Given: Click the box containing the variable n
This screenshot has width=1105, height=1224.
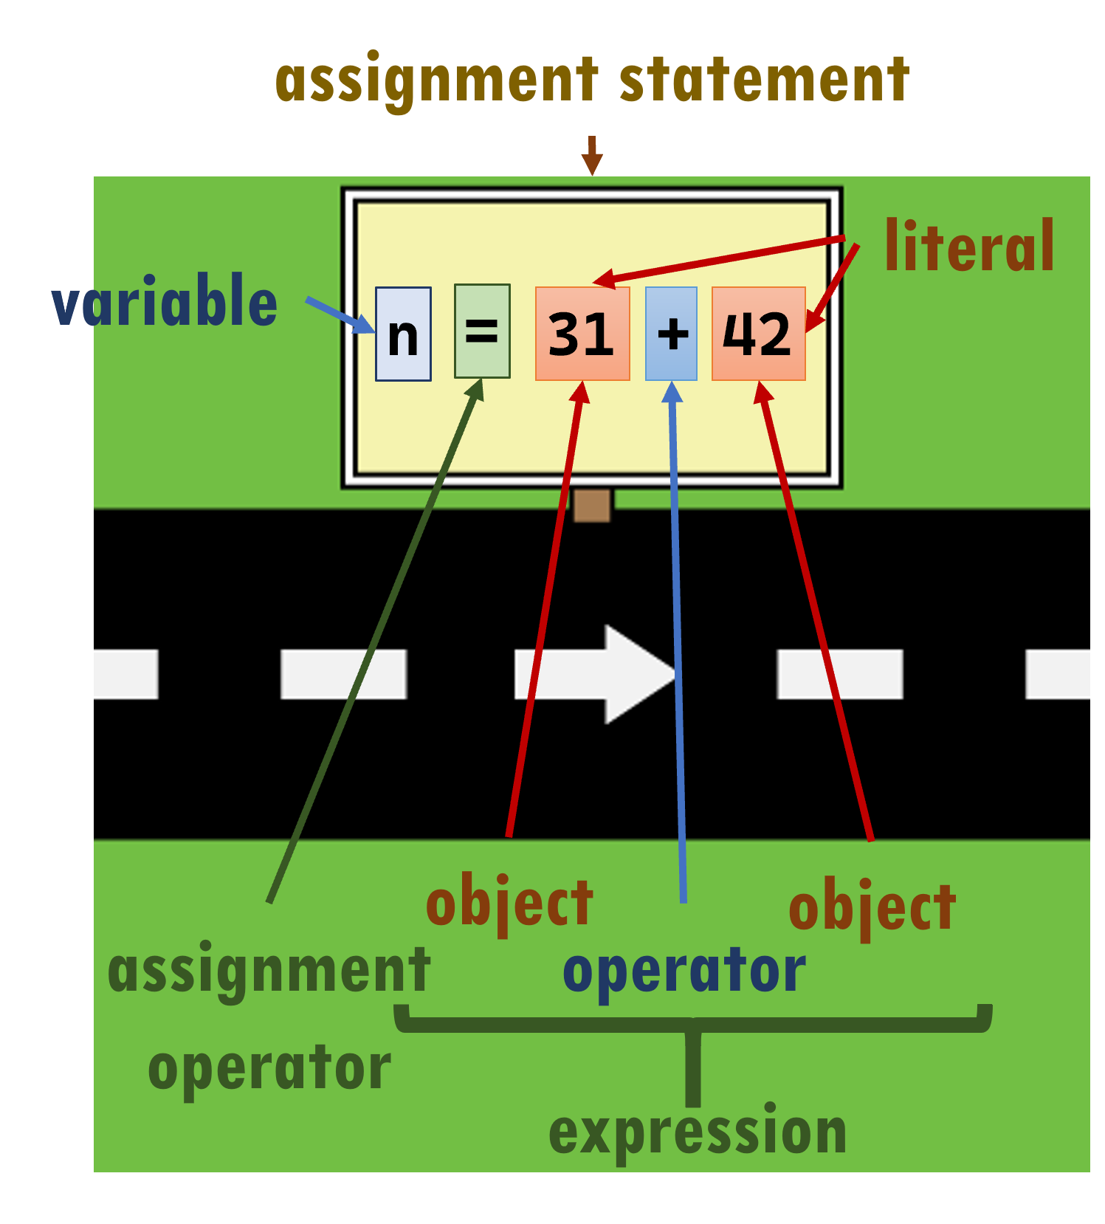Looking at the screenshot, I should [x=403, y=334].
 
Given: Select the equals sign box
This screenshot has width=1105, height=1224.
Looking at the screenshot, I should [x=482, y=331].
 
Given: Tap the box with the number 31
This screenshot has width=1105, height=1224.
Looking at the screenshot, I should [x=582, y=334].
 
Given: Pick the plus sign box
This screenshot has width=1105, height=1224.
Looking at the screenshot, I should [x=671, y=334].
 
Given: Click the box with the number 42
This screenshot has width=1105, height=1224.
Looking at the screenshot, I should [x=758, y=334].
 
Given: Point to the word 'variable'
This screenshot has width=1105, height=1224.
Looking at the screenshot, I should [x=165, y=301].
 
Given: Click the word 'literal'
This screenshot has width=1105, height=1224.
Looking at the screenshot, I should [x=969, y=247].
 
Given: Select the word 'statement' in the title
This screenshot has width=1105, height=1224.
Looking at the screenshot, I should [x=764, y=80].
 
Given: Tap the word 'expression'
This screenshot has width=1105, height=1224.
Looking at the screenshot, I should [x=698, y=1133].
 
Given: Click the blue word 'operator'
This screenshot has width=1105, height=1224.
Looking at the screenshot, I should [x=684, y=972].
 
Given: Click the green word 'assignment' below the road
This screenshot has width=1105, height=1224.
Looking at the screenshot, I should [x=269, y=970].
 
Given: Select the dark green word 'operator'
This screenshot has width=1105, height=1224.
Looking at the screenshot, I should [x=269, y=1068].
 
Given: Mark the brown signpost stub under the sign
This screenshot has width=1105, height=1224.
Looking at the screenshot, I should [x=592, y=506].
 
